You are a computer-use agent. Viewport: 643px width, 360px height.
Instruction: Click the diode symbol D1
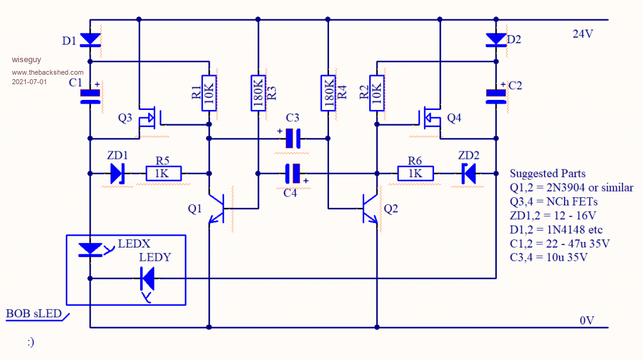[x=90, y=40]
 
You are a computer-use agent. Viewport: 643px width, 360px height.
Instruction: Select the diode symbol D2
[x=496, y=40]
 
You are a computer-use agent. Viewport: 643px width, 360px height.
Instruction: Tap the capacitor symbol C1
[x=90, y=95]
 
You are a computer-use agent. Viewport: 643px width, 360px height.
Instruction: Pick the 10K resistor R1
[x=209, y=93]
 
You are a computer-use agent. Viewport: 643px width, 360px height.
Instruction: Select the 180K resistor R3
[x=257, y=93]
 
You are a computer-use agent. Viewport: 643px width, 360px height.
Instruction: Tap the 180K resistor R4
[x=328, y=93]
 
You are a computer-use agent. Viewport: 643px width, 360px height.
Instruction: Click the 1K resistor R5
[x=163, y=173]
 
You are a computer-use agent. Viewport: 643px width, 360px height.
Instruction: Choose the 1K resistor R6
[x=414, y=173]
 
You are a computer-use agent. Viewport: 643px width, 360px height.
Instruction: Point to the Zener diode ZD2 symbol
[x=468, y=173]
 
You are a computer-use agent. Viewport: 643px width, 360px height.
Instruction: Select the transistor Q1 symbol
[x=217, y=208]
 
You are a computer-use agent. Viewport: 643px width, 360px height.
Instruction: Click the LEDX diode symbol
[x=92, y=249]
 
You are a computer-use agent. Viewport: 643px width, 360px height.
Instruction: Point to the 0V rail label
[x=586, y=321]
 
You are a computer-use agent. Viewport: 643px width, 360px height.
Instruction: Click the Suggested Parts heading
[x=548, y=173]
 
